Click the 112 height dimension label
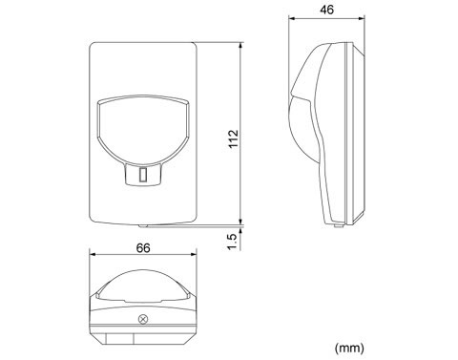(234, 138)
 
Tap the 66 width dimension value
(143, 248)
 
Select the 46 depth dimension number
(327, 10)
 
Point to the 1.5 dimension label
(234, 242)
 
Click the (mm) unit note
(349, 348)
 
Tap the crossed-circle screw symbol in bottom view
(143, 319)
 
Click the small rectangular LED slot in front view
(143, 175)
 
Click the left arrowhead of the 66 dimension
(93, 254)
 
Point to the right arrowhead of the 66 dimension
(194, 254)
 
